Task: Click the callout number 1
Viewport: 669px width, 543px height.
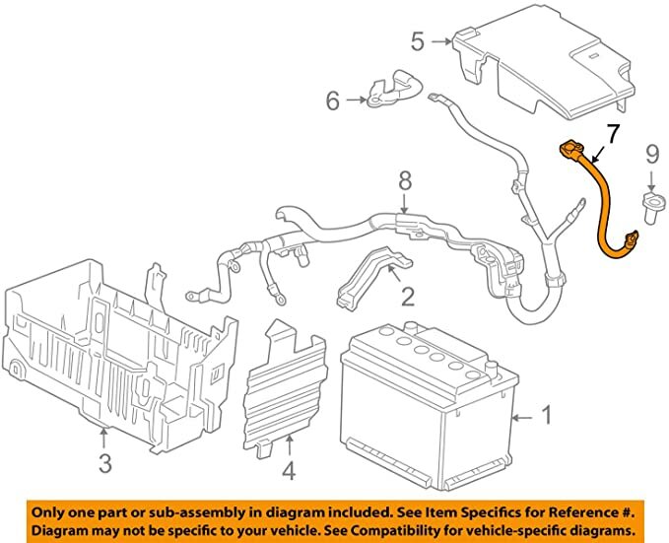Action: coord(547,417)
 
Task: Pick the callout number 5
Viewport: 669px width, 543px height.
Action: coord(418,42)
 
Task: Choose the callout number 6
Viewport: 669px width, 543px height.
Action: coord(332,99)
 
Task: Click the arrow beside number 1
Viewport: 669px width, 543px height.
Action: coord(523,417)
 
